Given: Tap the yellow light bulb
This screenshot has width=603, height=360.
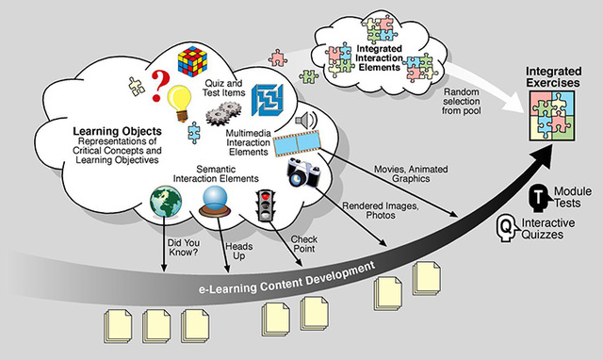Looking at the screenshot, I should (x=179, y=98).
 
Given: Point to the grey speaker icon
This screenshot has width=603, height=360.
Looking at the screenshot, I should (x=304, y=121).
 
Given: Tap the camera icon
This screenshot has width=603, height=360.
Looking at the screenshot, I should (x=306, y=172).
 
